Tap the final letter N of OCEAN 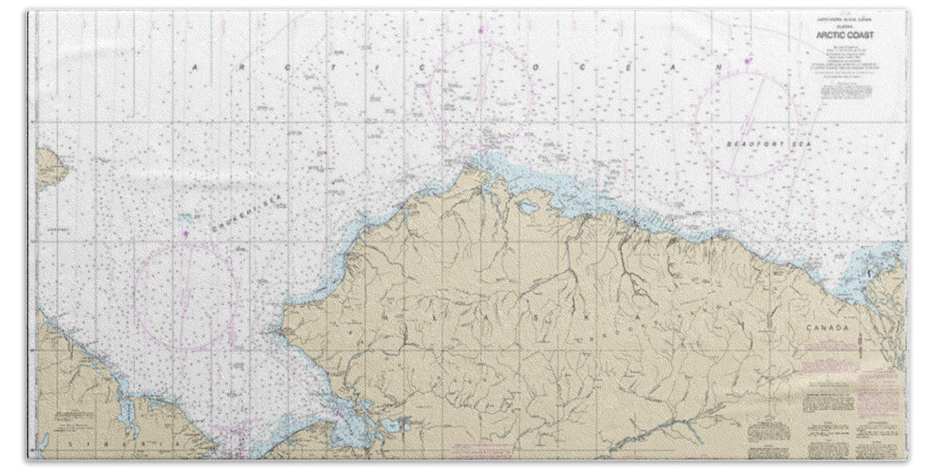pos(719,68)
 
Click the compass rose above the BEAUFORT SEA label pos(747,124)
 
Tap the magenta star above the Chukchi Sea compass pos(185,233)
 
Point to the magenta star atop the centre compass pos(480,31)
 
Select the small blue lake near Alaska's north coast pos(529,207)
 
